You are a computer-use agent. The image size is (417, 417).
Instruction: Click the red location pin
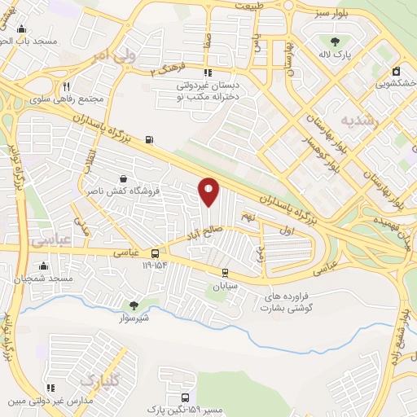pyautogui.click(x=209, y=191)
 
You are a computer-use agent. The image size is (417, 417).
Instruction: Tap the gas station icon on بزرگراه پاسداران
pyautogui.click(x=149, y=139)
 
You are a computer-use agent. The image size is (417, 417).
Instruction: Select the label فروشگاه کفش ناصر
pyautogui.click(x=122, y=191)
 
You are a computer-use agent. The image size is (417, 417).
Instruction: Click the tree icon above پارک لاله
pyautogui.click(x=335, y=42)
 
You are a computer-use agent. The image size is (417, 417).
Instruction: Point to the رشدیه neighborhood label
pyautogui.click(x=359, y=120)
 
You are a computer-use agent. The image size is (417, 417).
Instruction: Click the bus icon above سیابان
pyautogui.click(x=225, y=273)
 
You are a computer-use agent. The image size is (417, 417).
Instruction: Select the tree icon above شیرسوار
pyautogui.click(x=134, y=306)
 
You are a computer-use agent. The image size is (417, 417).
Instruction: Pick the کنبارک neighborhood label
pyautogui.click(x=99, y=380)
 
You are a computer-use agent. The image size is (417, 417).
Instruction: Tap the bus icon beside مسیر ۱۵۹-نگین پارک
pyautogui.click(x=187, y=397)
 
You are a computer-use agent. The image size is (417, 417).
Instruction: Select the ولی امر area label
pyautogui.click(x=112, y=55)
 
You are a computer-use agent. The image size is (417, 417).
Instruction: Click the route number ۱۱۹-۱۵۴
pyautogui.click(x=154, y=265)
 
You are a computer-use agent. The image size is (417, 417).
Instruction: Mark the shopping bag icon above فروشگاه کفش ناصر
pyautogui.click(x=122, y=178)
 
